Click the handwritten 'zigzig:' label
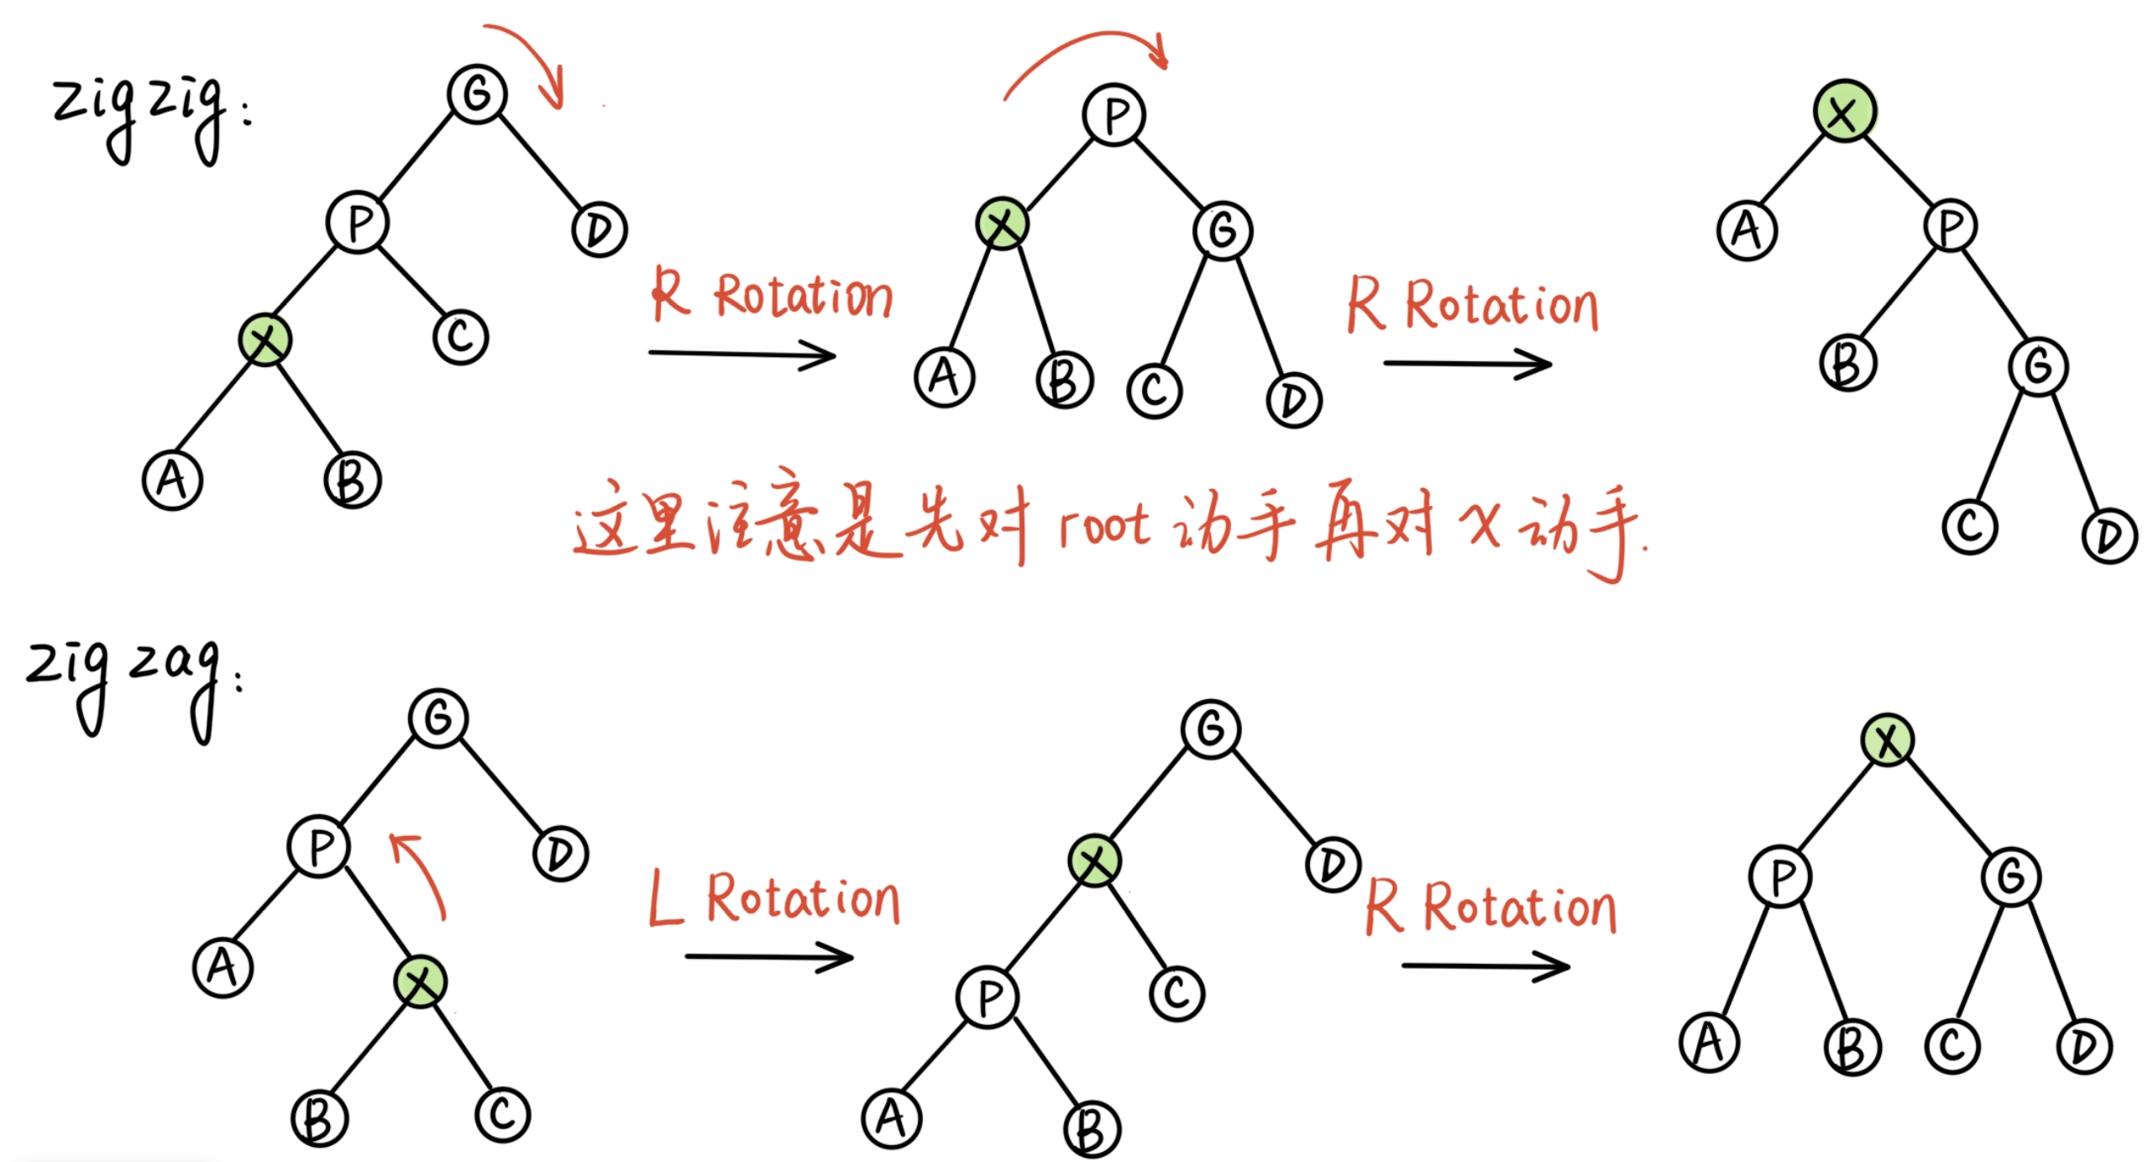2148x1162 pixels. tap(143, 118)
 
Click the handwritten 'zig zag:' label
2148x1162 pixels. tap(126, 685)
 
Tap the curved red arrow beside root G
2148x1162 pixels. tap(529, 63)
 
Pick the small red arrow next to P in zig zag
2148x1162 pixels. tap(420, 874)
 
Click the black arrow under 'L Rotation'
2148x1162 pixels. tap(768, 957)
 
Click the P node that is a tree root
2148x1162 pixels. tap(1113, 115)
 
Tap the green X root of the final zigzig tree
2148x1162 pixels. tap(1844, 111)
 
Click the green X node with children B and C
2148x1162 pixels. tap(421, 981)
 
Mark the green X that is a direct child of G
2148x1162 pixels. tap(1094, 860)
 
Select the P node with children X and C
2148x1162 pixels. tap(358, 223)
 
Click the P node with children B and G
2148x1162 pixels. tap(1950, 225)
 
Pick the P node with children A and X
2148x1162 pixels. tap(319, 847)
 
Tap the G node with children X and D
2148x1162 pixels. tap(1210, 728)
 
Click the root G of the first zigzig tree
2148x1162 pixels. tap(477, 92)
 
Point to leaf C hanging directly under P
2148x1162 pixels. tap(460, 337)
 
